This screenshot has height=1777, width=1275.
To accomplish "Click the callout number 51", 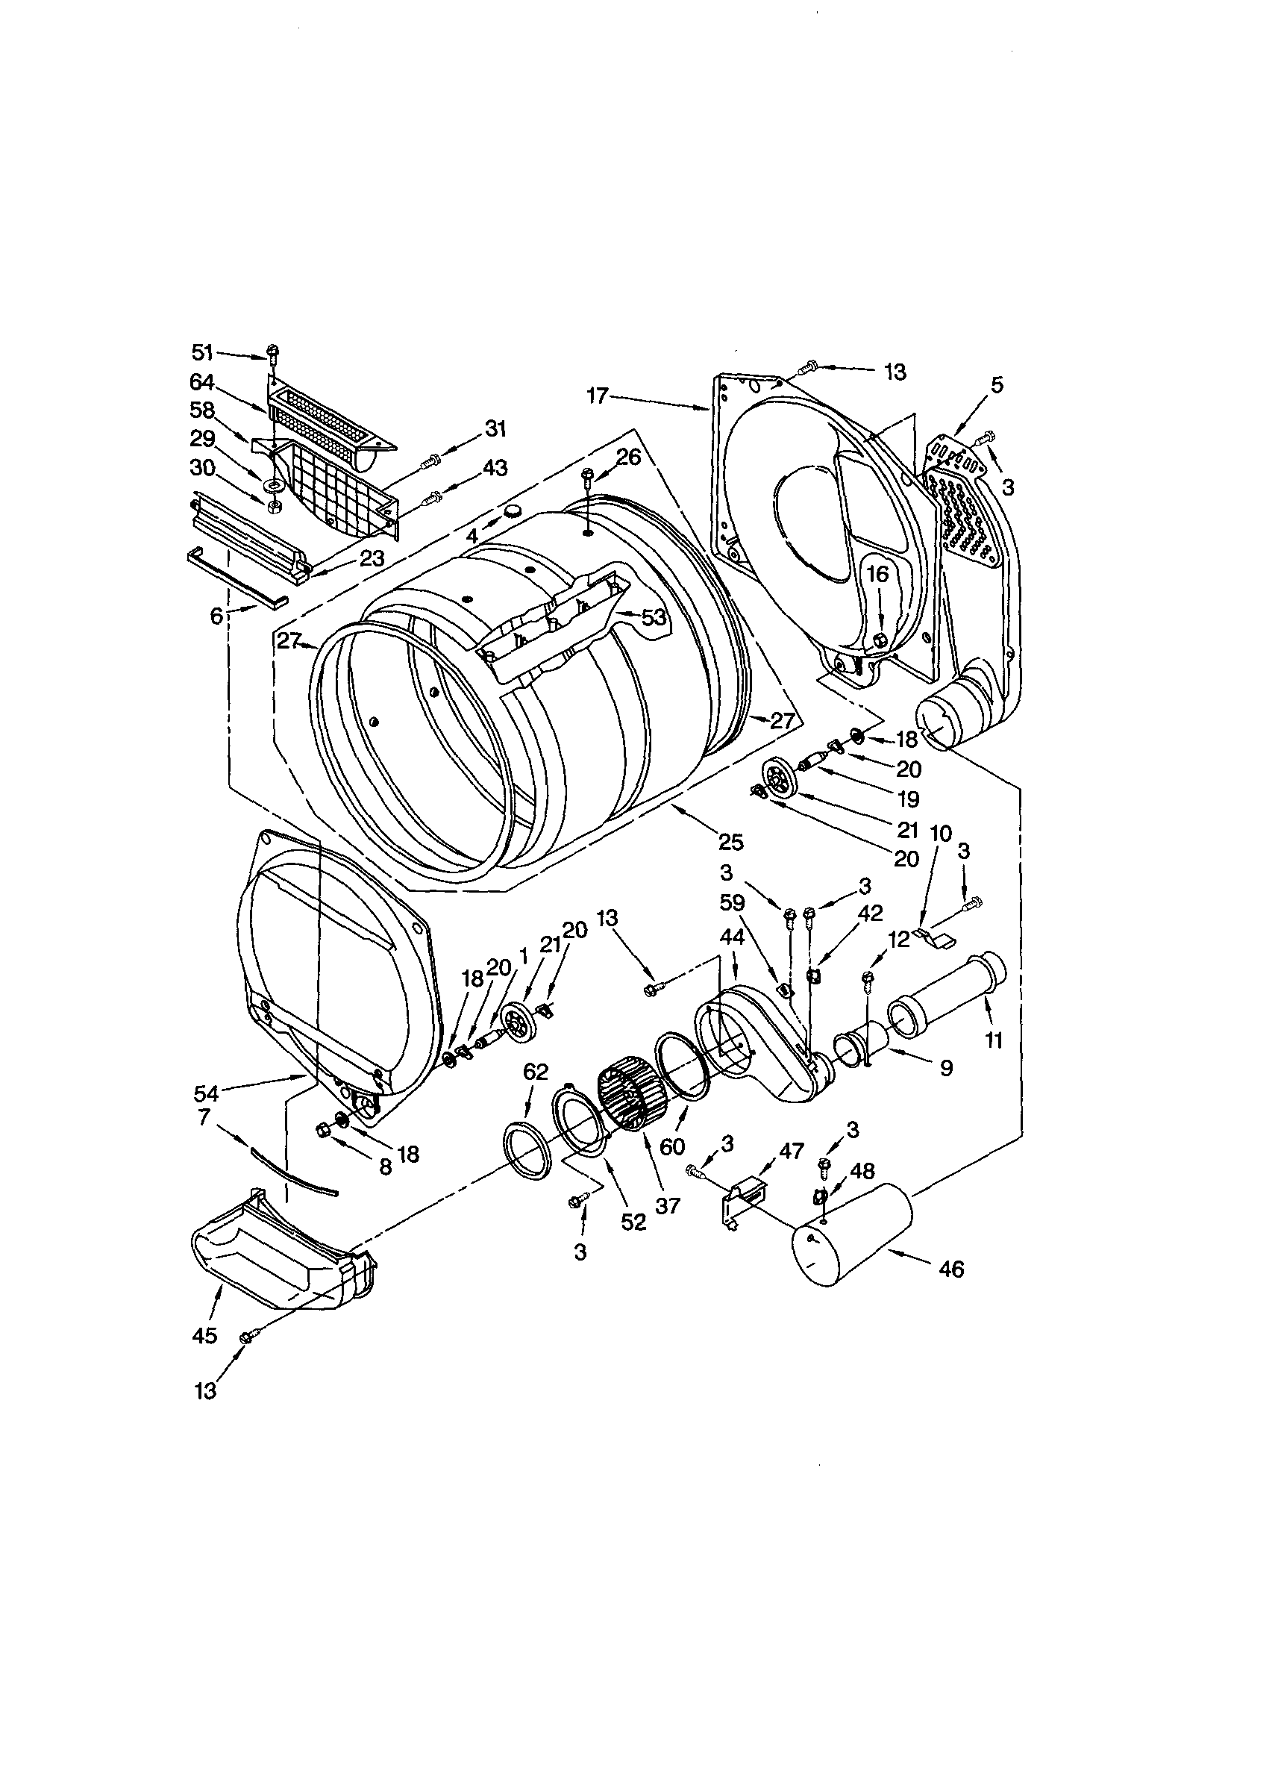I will (x=204, y=353).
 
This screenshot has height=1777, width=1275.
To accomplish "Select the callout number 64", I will (x=202, y=381).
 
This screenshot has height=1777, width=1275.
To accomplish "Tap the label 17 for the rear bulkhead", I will (x=597, y=396).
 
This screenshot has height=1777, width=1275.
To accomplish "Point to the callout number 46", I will (x=950, y=1269).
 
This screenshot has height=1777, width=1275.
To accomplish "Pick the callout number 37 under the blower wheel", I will (x=668, y=1206).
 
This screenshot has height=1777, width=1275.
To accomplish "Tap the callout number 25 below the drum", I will (x=730, y=843).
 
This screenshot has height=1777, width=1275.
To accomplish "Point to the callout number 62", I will (x=536, y=1072).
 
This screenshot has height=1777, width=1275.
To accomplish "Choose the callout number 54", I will (x=207, y=1092).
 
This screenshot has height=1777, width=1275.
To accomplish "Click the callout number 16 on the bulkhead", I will (x=878, y=575).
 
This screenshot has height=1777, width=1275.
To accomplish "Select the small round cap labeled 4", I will (x=514, y=510).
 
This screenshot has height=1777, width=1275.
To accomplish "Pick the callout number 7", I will (x=204, y=1117).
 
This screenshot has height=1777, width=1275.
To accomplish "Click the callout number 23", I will (x=372, y=559).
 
